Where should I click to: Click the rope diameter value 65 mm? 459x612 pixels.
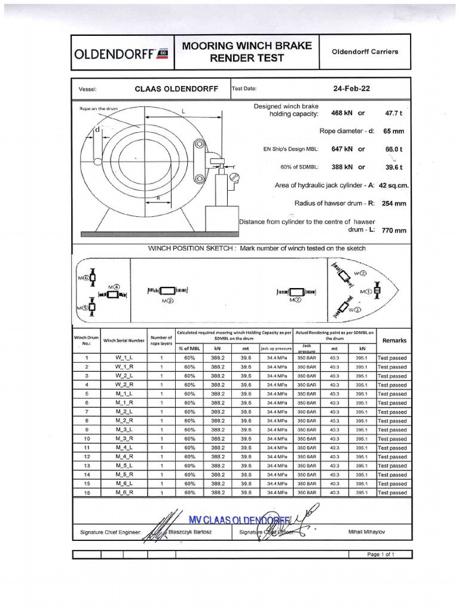click(393, 131)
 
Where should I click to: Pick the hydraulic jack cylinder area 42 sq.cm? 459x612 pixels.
click(394, 185)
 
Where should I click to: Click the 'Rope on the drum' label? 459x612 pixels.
click(100, 109)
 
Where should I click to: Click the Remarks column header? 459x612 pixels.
click(394, 340)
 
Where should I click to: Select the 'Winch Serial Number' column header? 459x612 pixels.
click(124, 340)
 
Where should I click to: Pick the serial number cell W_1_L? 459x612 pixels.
click(124, 358)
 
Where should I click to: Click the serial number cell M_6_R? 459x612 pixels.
click(124, 492)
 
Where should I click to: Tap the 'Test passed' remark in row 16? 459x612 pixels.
click(392, 492)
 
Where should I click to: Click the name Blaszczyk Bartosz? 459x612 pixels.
click(191, 531)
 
